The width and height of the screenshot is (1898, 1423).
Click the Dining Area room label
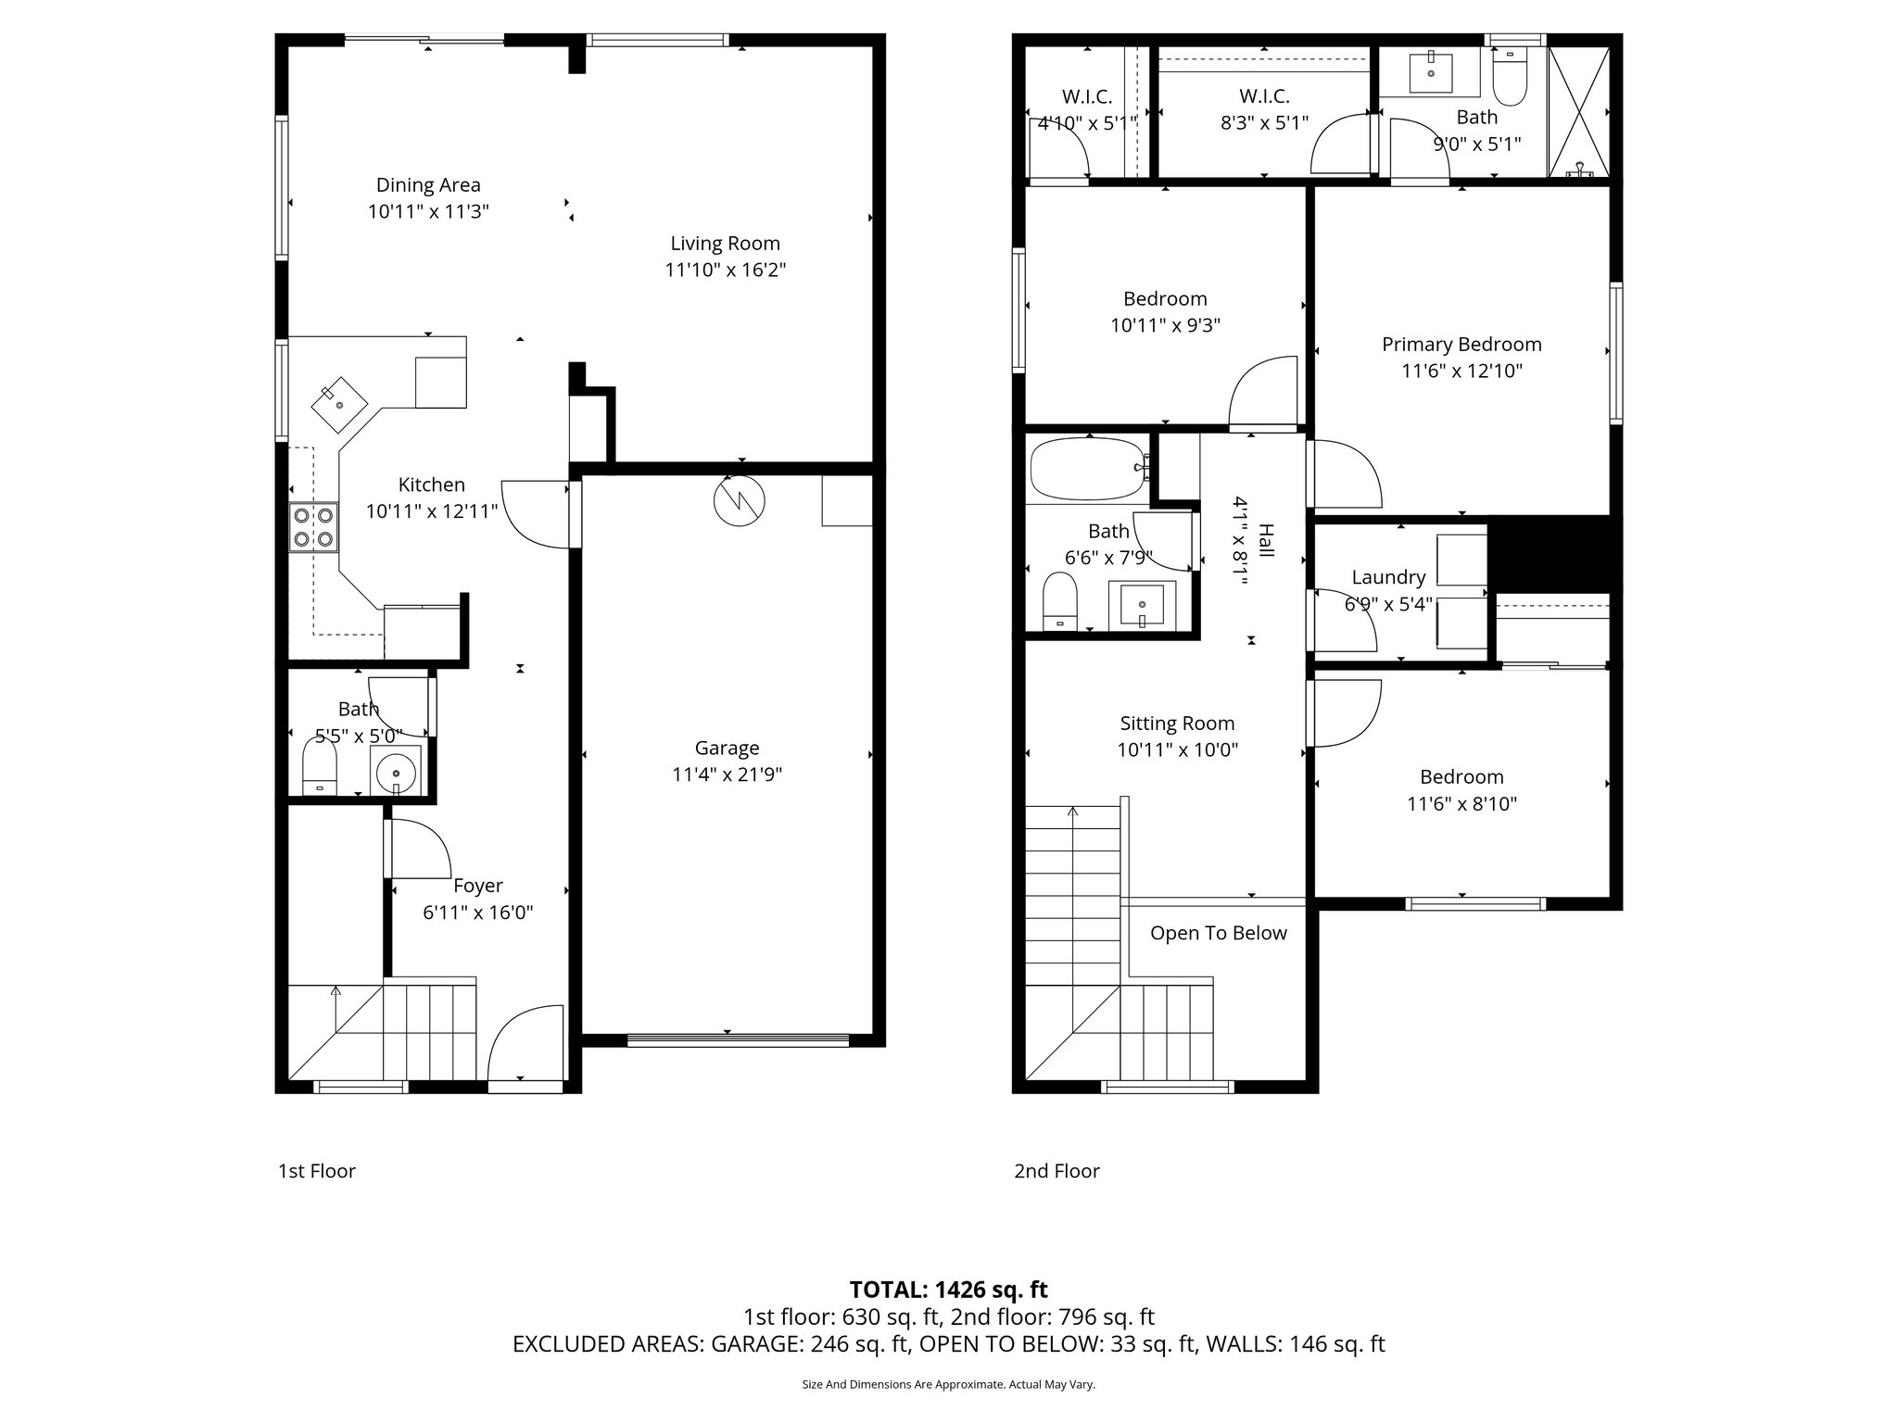coord(428,185)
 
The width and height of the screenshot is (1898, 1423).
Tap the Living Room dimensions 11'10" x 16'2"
coord(725,271)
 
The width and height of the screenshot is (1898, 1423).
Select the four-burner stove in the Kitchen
coord(313,527)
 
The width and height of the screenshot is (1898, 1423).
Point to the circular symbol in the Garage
coord(740,501)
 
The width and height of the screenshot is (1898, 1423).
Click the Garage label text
coord(727,748)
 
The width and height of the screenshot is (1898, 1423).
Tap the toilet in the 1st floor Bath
coord(320,768)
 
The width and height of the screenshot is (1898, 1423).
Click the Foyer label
coord(478,886)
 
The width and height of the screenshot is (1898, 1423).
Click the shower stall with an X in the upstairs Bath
coord(1579,111)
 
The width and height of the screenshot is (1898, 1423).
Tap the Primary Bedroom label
coord(1461,345)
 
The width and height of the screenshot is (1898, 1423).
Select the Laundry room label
coord(1387,577)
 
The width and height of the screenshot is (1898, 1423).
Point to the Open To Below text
coord(1218,933)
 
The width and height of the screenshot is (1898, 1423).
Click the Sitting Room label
coord(1177,724)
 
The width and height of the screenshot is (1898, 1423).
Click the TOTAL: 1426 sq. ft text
coord(948,1290)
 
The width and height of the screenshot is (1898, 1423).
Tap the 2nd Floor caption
coord(1057,1171)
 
